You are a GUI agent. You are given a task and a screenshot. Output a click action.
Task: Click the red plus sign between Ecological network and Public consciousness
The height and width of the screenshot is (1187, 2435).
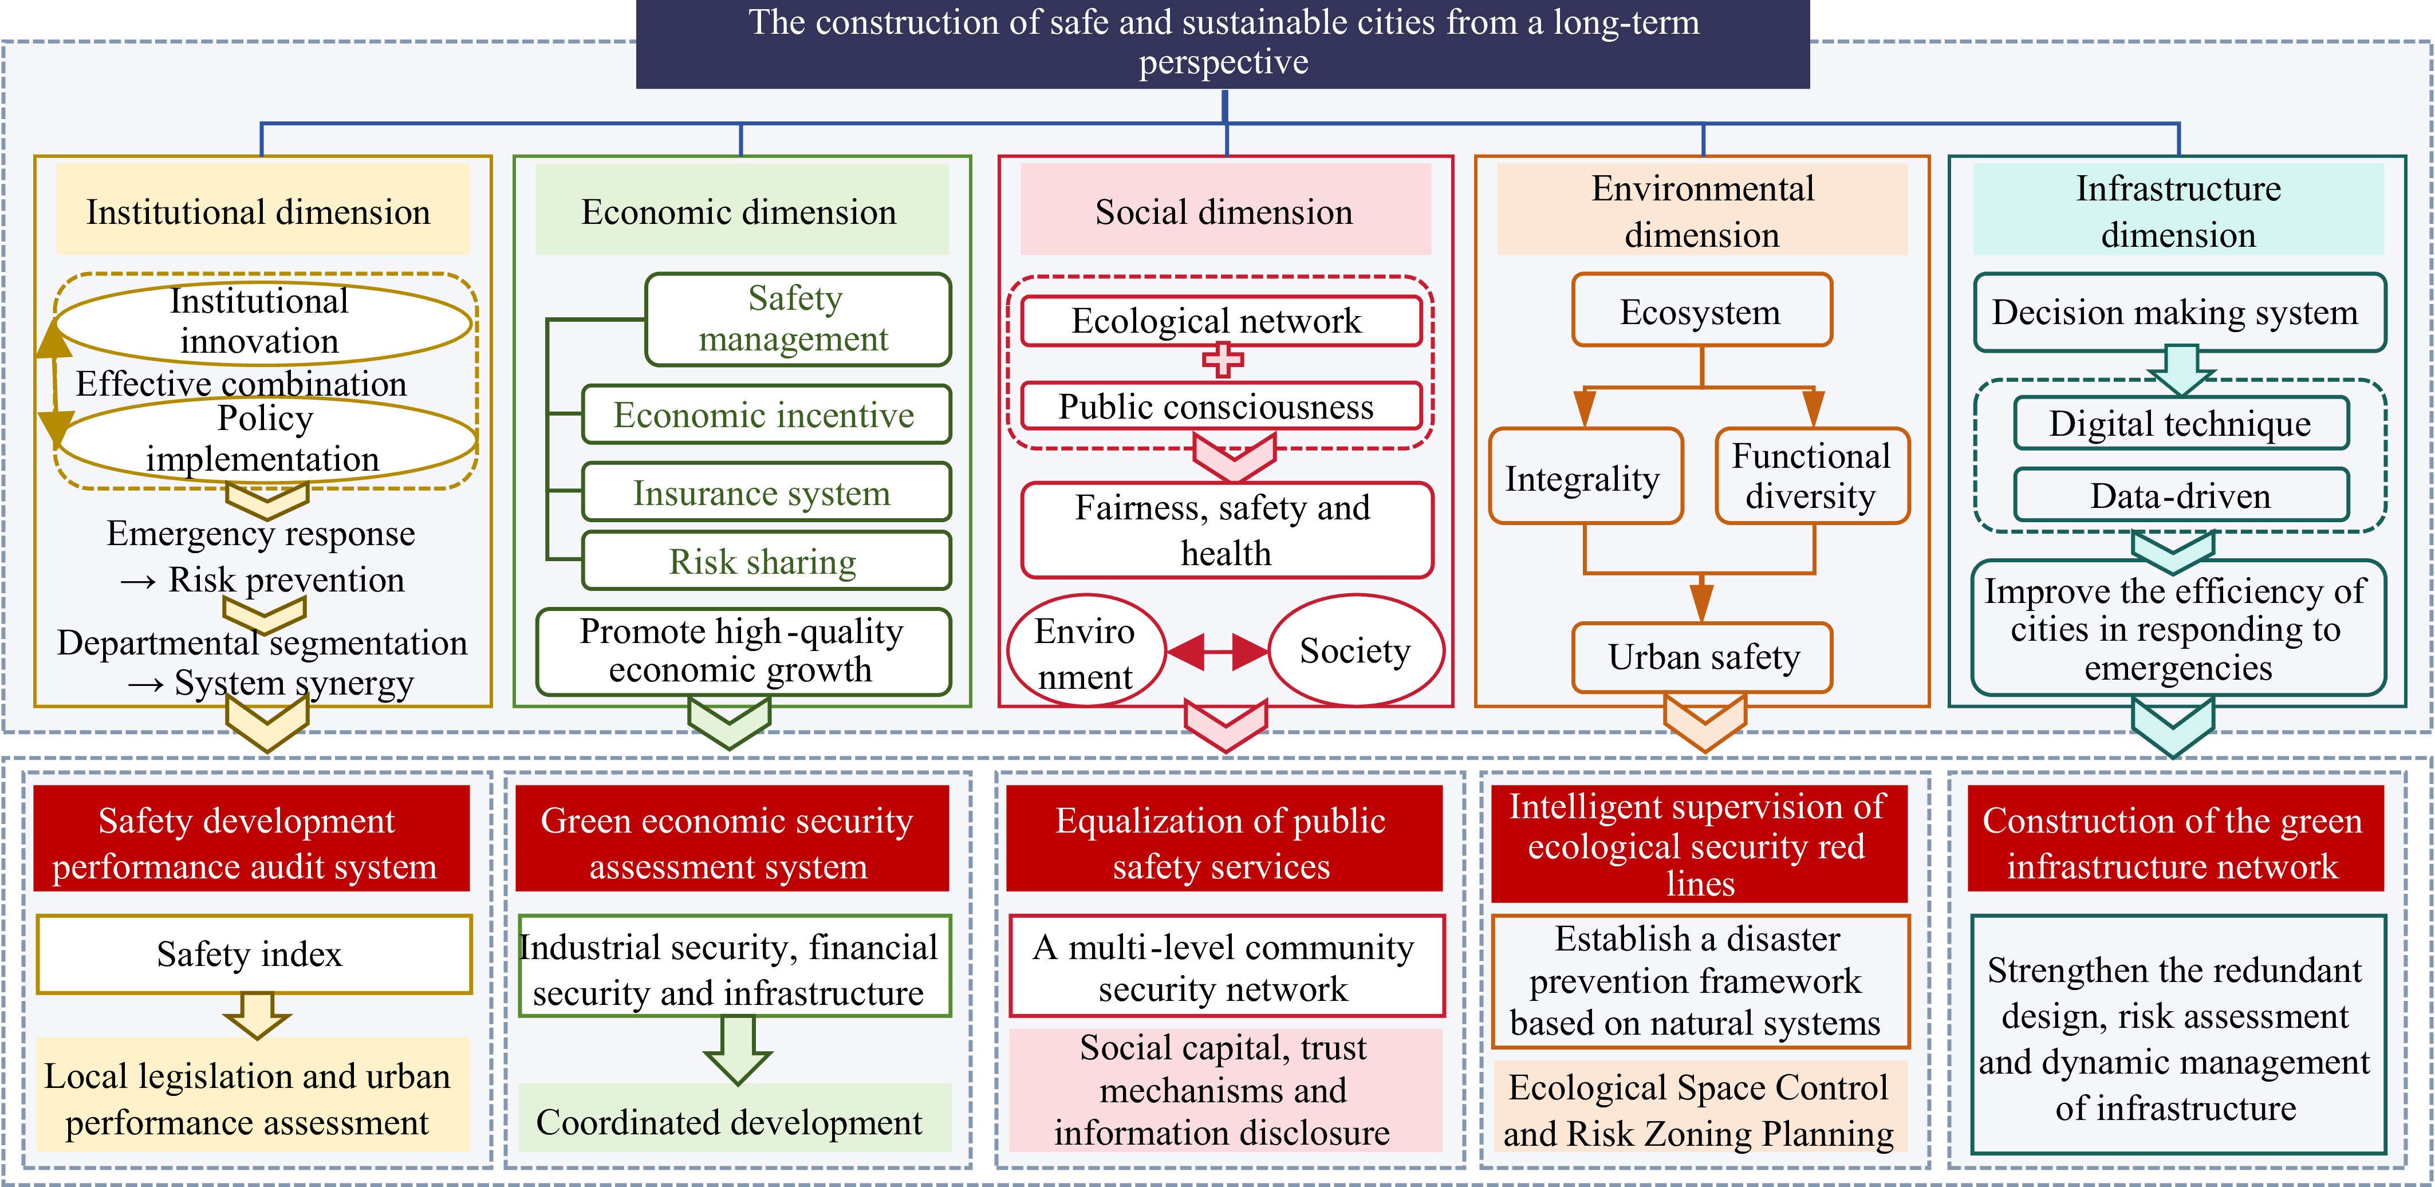pyautogui.click(x=1222, y=359)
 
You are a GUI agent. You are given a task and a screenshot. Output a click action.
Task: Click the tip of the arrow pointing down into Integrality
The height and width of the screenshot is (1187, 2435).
pyautogui.click(x=1584, y=427)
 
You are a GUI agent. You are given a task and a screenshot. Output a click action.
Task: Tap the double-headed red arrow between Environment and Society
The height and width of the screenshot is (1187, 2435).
pyautogui.click(x=1217, y=651)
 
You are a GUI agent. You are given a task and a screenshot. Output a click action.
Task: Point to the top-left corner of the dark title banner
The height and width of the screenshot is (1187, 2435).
pyautogui.click(x=636, y=0)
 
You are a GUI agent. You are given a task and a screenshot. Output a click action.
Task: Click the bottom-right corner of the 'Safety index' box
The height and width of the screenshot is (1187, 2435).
pyautogui.click(x=471, y=992)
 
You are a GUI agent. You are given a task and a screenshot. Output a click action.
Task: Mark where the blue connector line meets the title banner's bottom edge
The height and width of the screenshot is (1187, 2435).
pyautogui.click(x=1225, y=89)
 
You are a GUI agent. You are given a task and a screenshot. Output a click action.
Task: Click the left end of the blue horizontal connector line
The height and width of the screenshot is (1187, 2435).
pyautogui.click(x=261, y=123)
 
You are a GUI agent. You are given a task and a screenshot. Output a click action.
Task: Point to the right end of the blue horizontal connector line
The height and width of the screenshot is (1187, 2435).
pyautogui.click(x=2179, y=123)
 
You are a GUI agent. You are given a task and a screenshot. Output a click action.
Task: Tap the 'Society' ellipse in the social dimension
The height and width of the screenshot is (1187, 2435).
pyautogui.click(x=1356, y=650)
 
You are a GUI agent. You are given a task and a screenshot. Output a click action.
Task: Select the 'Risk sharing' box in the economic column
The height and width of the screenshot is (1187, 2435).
pyautogui.click(x=766, y=561)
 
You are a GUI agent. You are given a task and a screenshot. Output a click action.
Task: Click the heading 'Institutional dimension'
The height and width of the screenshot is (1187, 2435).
pyautogui.click(x=258, y=212)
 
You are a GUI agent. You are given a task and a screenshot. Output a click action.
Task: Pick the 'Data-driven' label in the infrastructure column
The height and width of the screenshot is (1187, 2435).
pyautogui.click(x=2181, y=495)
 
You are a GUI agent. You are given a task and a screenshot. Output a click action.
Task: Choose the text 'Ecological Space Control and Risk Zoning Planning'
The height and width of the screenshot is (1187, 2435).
pyautogui.click(x=1699, y=1110)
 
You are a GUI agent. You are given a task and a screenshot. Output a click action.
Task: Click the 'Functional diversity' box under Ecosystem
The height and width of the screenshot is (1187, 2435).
pyautogui.click(x=1812, y=475)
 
